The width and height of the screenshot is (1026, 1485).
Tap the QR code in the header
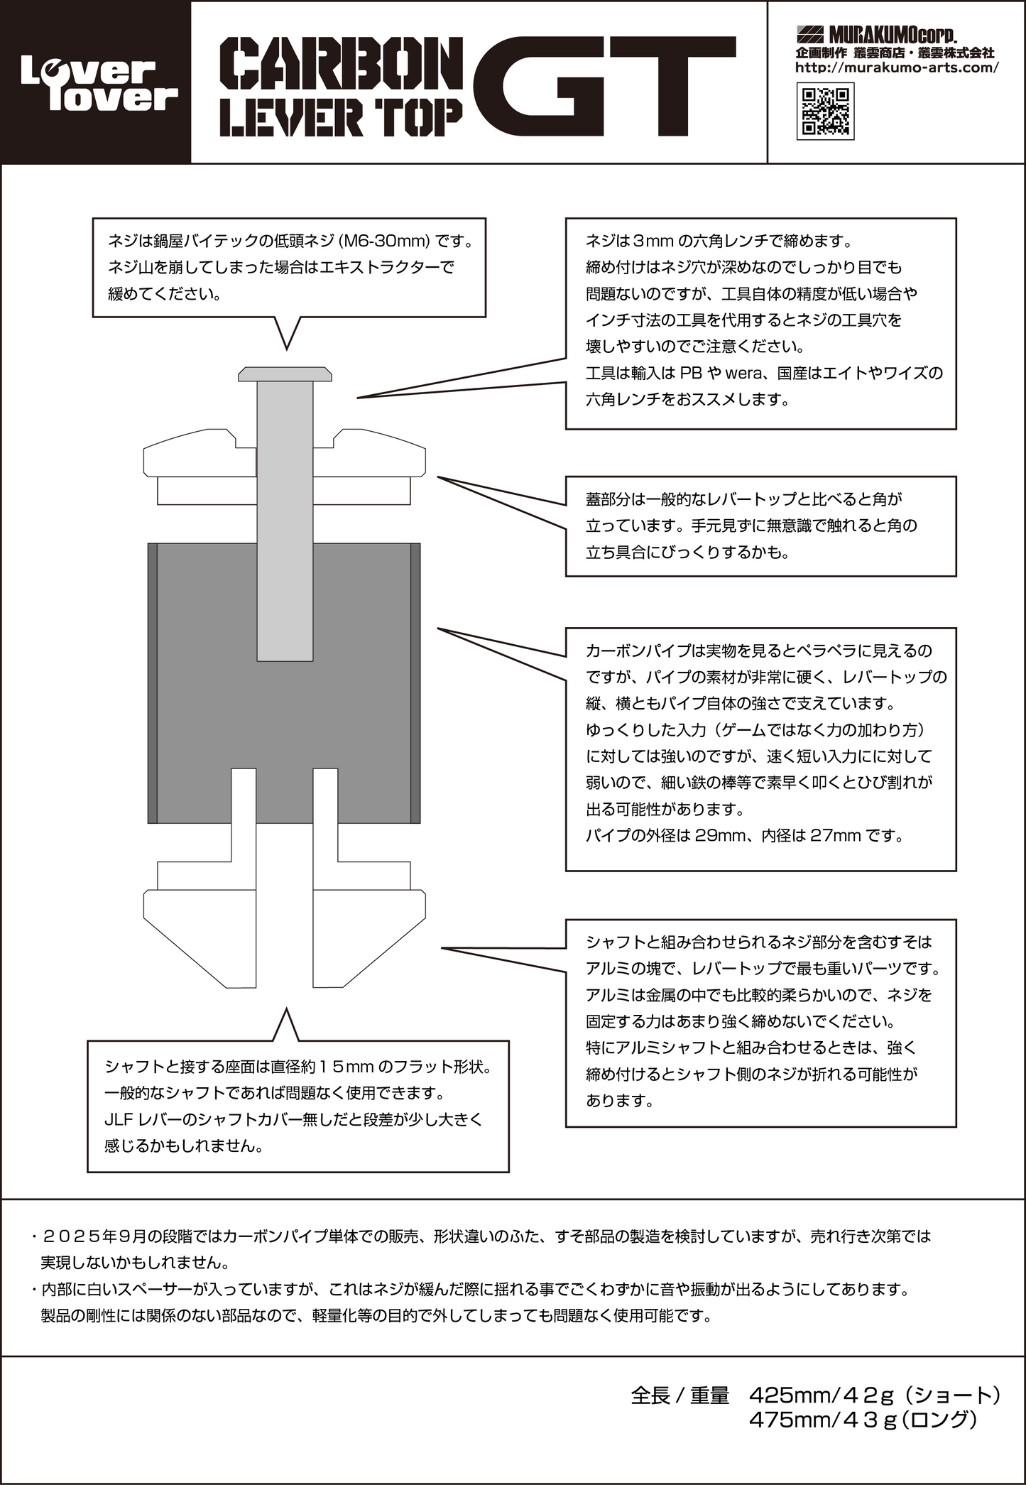click(x=825, y=111)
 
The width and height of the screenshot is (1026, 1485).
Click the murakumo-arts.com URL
click(x=896, y=67)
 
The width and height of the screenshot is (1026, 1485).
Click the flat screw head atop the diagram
click(x=285, y=374)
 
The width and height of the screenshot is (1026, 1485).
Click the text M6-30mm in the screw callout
click(x=384, y=241)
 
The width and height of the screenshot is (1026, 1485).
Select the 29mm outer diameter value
click(x=717, y=835)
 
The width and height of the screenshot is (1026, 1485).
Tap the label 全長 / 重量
click(x=680, y=1396)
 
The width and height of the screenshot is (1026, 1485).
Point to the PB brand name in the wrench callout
click(x=690, y=373)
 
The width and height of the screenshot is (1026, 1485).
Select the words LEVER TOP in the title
click(x=341, y=116)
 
